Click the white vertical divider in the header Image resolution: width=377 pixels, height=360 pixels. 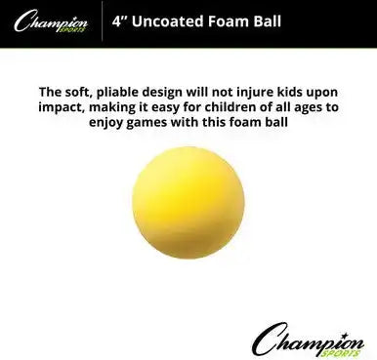(x=102, y=18)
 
